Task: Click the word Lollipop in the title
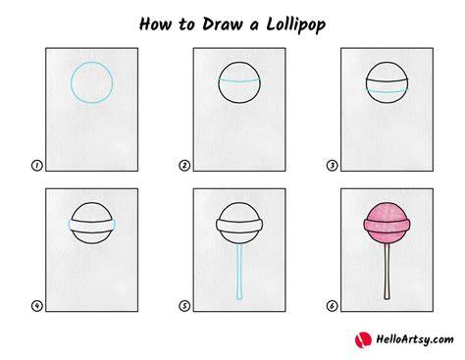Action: [296, 26]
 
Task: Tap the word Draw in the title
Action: [222, 25]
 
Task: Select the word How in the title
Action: [155, 25]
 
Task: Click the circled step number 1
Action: [37, 166]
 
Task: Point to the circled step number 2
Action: [184, 166]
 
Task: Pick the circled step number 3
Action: [332, 166]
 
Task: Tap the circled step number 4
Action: [37, 306]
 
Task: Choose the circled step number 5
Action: [184, 306]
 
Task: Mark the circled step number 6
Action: [332, 306]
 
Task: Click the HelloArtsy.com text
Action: [415, 339]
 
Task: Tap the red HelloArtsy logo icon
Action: [363, 339]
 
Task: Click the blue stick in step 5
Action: [239, 272]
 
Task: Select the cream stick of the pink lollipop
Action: [387, 272]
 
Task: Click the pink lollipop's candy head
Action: [387, 223]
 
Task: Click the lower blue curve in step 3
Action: [387, 92]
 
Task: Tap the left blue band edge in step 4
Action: [70, 226]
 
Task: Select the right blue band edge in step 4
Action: [114, 226]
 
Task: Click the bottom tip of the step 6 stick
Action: [387, 299]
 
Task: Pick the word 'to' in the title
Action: [186, 25]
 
